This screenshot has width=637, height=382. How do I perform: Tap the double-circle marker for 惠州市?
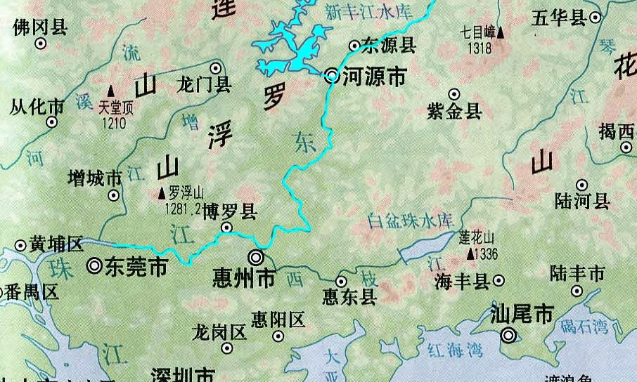pyautogui.click(x=256, y=258)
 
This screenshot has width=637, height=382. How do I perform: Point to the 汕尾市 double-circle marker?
pyautogui.click(x=508, y=336)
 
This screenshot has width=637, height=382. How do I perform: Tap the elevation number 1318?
pyautogui.click(x=479, y=48)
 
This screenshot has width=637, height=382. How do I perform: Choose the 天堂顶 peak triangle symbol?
pyautogui.click(x=111, y=91)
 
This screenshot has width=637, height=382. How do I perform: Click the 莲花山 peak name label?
pyautogui.click(x=477, y=237)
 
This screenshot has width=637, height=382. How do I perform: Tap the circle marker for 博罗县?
pyautogui.click(x=226, y=228)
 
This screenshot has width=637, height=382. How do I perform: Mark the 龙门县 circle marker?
pyautogui.click(x=216, y=68)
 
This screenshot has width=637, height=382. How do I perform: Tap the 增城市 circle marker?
pyautogui.click(x=113, y=195)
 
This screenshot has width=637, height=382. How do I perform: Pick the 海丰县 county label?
pyautogui.click(x=461, y=282)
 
